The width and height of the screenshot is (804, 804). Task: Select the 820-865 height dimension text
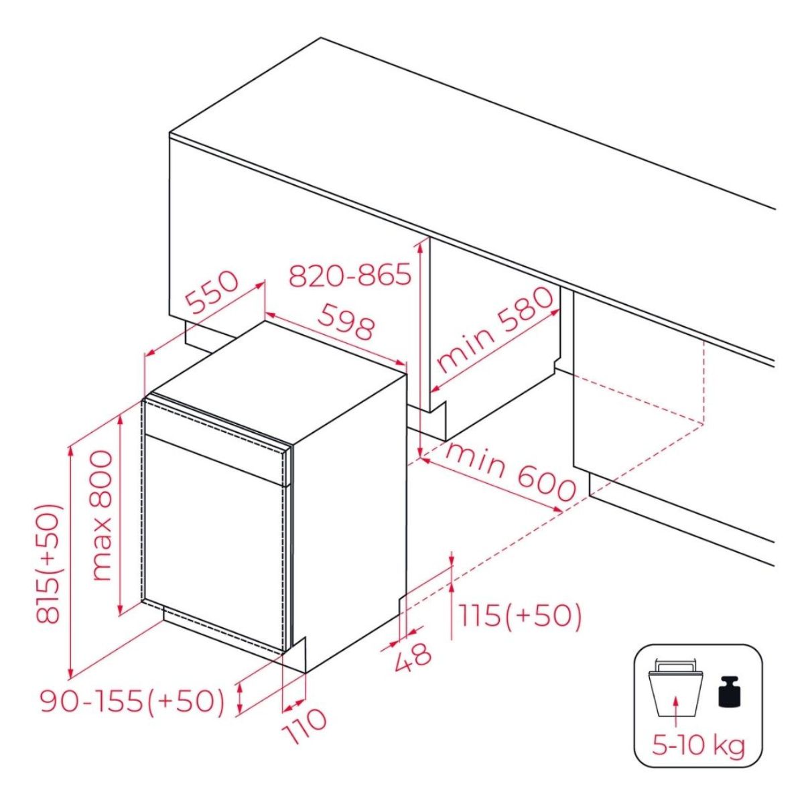pyautogui.click(x=350, y=276)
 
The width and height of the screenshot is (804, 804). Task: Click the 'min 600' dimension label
pyautogui.click(x=512, y=476)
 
